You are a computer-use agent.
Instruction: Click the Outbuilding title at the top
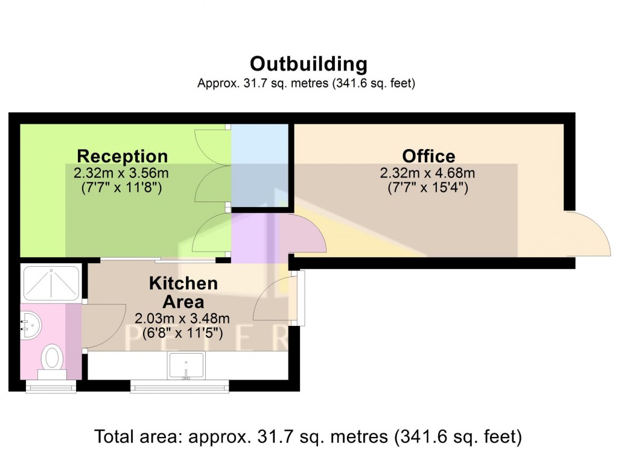(x=308, y=63)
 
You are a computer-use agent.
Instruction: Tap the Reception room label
(x=122, y=156)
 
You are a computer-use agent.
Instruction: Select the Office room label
(x=428, y=156)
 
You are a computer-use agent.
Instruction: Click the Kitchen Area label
(x=183, y=292)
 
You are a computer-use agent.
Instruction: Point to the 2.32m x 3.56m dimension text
(x=121, y=173)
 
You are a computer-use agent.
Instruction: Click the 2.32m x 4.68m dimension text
(x=427, y=173)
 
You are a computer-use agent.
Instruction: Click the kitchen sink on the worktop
(x=186, y=365)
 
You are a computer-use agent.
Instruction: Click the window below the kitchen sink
(x=180, y=387)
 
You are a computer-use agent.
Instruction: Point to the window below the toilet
(x=51, y=387)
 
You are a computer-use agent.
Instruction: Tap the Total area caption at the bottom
(x=308, y=435)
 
